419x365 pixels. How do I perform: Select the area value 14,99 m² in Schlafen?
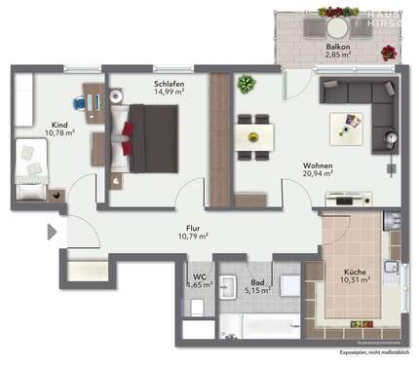tap(169, 93)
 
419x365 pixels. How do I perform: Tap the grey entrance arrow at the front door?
tap(52, 233)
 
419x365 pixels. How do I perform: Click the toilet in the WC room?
tap(197, 308)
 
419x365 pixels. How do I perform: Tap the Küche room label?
tap(354, 273)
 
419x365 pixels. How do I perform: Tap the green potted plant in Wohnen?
tap(246, 84)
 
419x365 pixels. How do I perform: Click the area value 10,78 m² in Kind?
tap(56, 133)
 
